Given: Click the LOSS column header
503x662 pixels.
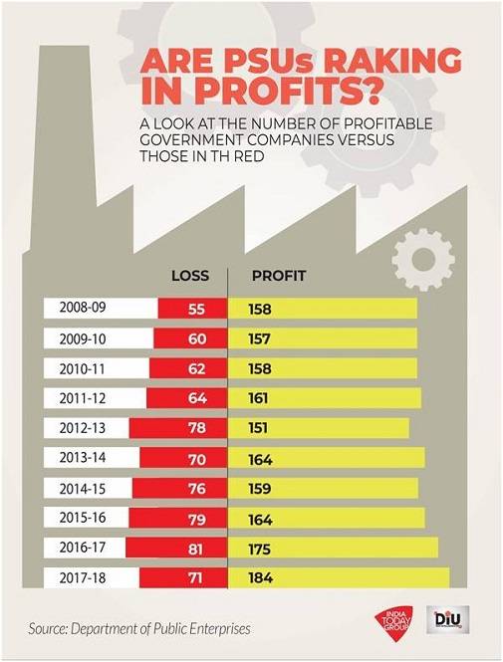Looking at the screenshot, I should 190,275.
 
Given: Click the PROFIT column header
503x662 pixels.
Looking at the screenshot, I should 278,275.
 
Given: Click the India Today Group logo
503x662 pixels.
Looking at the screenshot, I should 390,622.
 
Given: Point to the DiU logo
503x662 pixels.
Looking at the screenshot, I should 444,621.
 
